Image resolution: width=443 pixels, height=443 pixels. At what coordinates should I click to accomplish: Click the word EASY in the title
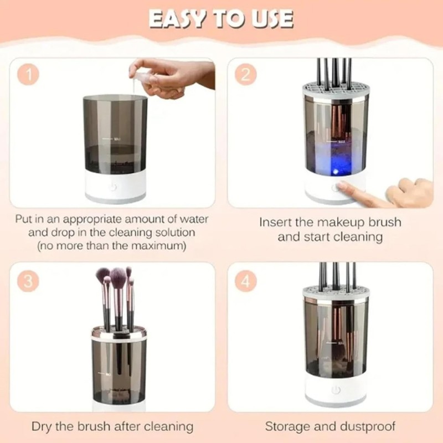[x=178, y=18]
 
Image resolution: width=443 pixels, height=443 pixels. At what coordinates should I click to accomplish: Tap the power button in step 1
[x=113, y=187]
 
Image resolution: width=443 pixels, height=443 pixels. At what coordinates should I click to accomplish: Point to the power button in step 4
[x=334, y=390]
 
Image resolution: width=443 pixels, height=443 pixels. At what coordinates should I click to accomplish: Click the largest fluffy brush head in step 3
[x=117, y=277]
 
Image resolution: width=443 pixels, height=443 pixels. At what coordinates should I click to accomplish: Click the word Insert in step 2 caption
[x=280, y=223]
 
